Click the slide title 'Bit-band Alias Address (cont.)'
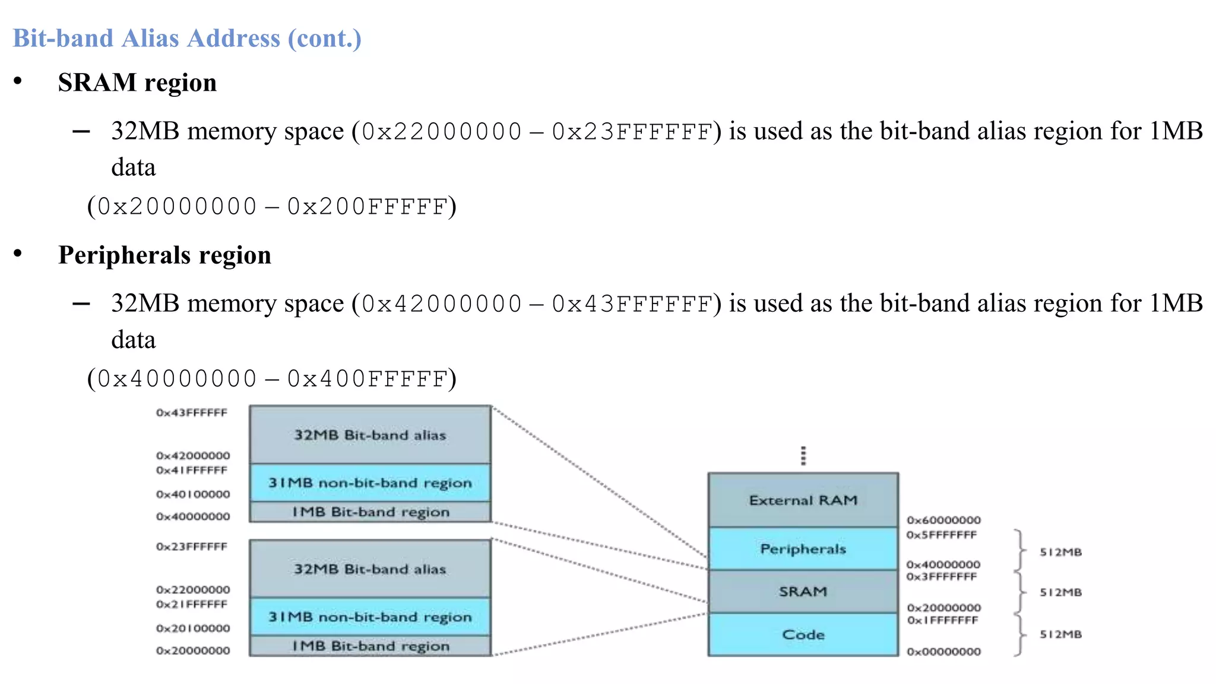(187, 39)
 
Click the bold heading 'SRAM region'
(137, 83)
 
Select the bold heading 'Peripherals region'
(164, 255)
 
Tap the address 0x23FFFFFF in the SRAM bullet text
(632, 132)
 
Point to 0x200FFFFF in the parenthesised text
(367, 207)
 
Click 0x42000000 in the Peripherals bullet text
(442, 304)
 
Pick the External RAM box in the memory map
(803, 500)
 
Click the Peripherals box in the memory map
(803, 549)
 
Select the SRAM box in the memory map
(803, 591)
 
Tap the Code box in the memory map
(803, 634)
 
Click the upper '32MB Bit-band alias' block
(370, 435)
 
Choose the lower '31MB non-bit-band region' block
(370, 617)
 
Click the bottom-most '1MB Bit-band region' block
(370, 646)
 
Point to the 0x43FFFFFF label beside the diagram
(192, 413)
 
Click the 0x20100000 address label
(193, 628)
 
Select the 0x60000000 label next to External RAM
(943, 520)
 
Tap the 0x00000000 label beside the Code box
(943, 652)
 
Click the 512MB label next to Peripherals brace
(1060, 552)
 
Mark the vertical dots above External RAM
(803, 456)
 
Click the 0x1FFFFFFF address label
(942, 620)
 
